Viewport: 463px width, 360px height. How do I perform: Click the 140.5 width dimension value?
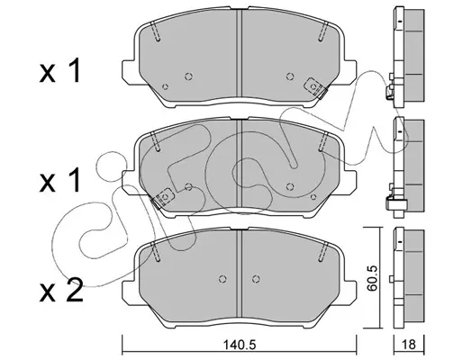point(239,345)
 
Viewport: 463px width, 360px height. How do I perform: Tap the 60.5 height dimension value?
point(372,278)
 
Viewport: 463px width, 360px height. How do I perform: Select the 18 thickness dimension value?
point(409,345)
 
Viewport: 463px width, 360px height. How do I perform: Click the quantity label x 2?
point(61,290)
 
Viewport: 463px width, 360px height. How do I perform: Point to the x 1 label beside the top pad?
point(60,71)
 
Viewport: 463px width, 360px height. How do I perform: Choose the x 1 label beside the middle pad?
point(60,180)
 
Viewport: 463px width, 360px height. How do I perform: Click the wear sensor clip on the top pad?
point(316,87)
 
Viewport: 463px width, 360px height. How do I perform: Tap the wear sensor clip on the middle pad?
point(162,198)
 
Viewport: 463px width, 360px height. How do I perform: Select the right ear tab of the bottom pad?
point(348,290)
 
